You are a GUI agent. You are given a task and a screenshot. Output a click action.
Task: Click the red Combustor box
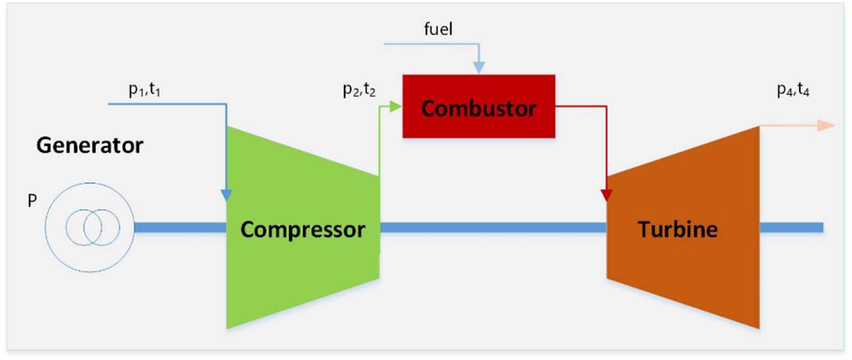478,107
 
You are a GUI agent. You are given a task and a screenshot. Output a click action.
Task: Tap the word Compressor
302,230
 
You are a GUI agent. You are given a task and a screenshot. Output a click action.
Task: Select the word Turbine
677,230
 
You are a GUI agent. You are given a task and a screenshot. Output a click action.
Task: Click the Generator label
89,145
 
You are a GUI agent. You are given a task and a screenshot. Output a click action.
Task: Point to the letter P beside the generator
32,201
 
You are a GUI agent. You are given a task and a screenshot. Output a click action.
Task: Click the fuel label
438,29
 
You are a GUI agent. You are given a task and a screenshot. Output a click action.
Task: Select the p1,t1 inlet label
144,89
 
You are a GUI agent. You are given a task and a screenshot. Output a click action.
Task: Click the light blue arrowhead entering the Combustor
479,67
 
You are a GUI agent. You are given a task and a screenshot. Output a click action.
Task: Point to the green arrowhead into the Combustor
395,107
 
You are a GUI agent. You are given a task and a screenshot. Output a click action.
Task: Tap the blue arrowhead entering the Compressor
226,195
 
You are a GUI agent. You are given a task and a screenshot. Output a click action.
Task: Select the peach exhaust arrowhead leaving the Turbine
826,126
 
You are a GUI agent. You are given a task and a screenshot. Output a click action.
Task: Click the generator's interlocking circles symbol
93,227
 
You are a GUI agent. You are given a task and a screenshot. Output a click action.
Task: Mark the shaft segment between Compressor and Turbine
493,228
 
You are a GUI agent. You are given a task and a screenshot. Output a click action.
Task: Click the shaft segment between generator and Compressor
180,228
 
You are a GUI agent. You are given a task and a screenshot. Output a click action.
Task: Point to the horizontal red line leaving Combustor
580,107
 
